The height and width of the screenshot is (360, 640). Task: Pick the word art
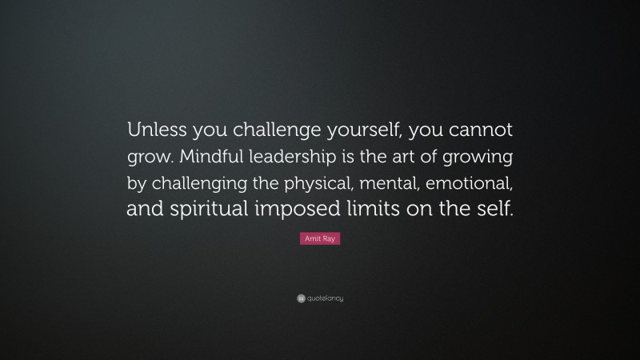(416, 154)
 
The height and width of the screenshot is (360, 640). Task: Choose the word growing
(485, 154)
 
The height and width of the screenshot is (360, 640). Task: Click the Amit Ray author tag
(320, 239)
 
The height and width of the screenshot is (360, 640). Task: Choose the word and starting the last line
(147, 209)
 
